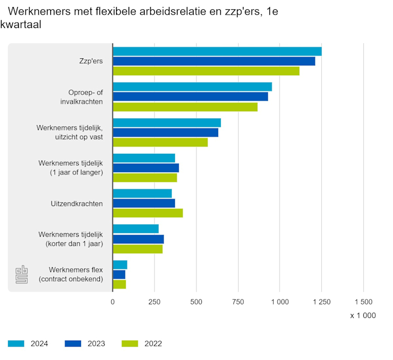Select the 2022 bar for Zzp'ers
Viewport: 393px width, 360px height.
[x=206, y=71]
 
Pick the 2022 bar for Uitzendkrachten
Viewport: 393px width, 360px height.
[x=147, y=213]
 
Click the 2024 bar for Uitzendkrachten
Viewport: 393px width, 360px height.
[x=142, y=193]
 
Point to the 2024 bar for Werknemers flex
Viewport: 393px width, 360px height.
[x=120, y=264]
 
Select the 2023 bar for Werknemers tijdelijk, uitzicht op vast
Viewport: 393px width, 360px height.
[x=165, y=132]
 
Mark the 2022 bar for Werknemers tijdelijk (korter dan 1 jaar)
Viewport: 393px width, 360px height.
[x=137, y=249]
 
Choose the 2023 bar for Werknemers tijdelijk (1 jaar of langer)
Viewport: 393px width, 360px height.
[x=145, y=168]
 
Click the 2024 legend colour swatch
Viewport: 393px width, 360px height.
[x=16, y=343]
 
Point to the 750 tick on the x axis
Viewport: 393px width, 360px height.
[x=238, y=302]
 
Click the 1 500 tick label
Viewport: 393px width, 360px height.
[x=363, y=302]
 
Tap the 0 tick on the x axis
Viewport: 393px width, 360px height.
[x=112, y=302]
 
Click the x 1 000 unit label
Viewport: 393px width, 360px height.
[x=362, y=316]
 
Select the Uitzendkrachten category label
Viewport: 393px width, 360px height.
[x=77, y=203]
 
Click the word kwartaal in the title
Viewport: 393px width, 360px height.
[x=21, y=25]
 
